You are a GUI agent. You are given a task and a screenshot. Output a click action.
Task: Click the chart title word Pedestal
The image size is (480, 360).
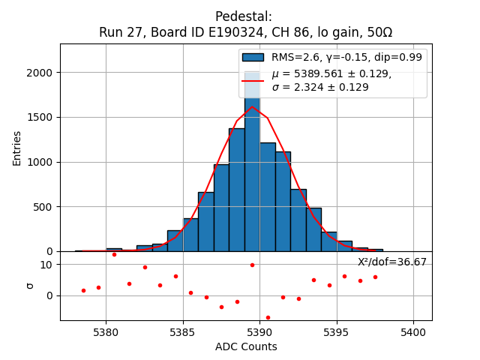[243, 16]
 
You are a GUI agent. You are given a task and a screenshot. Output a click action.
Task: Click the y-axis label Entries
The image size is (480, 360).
[17, 148]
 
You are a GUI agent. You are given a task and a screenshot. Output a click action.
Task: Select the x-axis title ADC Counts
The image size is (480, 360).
[246, 346]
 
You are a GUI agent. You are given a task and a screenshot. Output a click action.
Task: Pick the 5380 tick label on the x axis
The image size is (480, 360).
[106, 331]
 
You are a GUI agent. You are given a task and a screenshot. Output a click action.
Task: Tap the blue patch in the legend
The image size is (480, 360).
[253, 57]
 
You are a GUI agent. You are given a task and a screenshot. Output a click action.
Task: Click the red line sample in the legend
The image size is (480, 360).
[253, 80]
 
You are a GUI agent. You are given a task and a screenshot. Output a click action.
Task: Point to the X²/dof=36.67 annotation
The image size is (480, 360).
[391, 262]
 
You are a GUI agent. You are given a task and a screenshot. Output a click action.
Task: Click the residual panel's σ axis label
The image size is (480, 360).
[31, 286]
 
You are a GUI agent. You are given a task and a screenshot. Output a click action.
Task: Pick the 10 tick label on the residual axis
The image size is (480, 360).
[46, 265]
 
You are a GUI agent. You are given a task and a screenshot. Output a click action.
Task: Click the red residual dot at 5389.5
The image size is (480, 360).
[252, 265]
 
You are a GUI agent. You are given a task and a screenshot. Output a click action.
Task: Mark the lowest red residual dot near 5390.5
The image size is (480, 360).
[268, 317]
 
